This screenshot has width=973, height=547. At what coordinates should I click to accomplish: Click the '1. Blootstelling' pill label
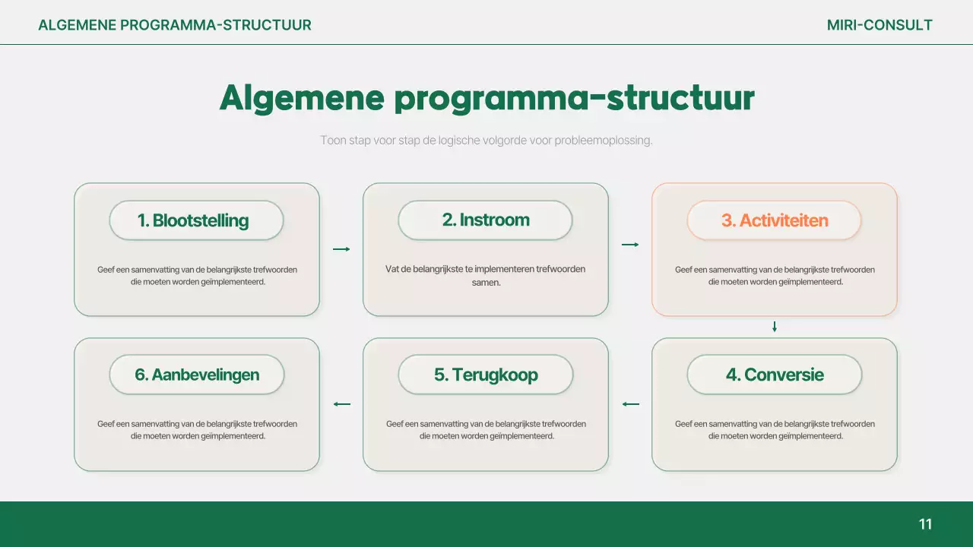point(196,220)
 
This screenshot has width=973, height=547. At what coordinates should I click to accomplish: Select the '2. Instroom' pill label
point(485,220)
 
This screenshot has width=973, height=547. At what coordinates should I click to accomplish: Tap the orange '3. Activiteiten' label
point(774,220)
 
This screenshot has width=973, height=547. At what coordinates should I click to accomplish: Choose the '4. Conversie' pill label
point(774,375)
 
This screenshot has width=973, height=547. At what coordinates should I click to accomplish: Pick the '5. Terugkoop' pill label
point(485,375)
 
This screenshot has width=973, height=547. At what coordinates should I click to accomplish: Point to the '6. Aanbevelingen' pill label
point(196,375)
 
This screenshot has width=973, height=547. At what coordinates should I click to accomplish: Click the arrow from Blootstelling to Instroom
point(341,249)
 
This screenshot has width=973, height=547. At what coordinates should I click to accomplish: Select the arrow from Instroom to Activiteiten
point(630,245)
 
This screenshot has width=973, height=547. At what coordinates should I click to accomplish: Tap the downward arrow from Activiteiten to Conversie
point(774,327)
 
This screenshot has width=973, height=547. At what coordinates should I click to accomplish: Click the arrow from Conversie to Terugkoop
point(630,404)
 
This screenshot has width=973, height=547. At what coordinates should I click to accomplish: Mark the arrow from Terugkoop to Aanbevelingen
point(341,404)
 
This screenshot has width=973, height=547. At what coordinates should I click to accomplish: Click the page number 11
point(925,524)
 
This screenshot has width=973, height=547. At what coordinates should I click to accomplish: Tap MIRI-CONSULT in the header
point(880,25)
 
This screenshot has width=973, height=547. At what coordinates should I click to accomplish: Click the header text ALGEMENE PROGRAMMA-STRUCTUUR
point(175,25)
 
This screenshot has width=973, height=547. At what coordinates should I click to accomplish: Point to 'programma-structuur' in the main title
point(574,99)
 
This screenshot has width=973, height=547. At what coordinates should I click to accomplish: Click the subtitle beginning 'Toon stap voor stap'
point(486,141)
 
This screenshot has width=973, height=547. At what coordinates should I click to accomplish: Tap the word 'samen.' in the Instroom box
point(485,282)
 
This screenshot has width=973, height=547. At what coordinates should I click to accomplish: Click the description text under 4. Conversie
point(774,430)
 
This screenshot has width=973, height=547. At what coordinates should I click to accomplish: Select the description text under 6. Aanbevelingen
point(196,430)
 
